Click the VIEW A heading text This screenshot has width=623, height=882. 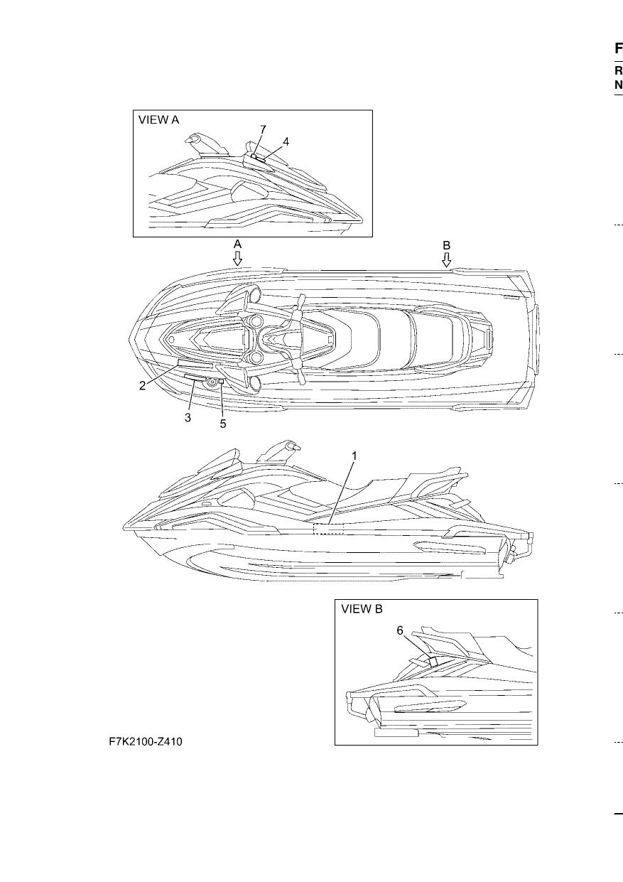(158, 119)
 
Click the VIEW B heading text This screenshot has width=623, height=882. (362, 609)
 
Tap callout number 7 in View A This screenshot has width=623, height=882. (263, 129)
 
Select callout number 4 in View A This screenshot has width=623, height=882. (286, 141)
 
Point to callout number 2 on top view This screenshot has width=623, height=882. (143, 386)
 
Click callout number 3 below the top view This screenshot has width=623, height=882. (188, 417)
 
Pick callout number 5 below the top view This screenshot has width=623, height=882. (223, 424)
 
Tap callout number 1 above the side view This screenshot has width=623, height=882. (354, 456)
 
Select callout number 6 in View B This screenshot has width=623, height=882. (400, 631)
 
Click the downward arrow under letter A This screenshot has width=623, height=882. (237, 258)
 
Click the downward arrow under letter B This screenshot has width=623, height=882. (446, 259)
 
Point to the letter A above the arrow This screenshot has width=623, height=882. (237, 244)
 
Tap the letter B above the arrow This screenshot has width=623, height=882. (446, 246)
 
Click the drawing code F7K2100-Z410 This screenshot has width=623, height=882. (146, 742)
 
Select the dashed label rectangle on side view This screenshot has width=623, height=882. (328, 529)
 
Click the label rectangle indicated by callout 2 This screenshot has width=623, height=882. (195, 364)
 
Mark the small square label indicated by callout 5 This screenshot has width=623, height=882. (221, 381)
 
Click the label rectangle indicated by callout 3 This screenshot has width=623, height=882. (195, 378)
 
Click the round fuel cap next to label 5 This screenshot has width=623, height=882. (212, 382)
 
